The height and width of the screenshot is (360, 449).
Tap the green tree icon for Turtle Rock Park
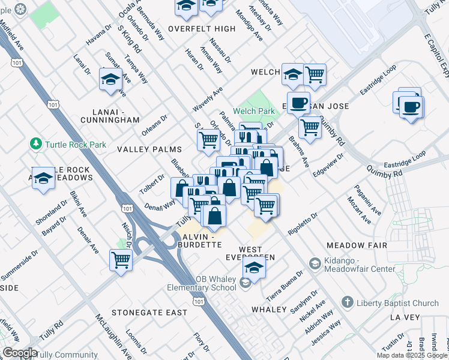tap(37, 144)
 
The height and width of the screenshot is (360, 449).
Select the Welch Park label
tap(254, 111)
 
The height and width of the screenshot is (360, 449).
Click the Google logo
tap(20, 353)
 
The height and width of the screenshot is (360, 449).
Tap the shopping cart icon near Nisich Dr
tap(121, 260)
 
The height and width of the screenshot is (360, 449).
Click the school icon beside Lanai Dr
tap(110, 80)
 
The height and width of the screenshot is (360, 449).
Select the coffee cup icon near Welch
tap(298, 102)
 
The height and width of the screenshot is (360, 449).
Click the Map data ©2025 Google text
tap(412, 355)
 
